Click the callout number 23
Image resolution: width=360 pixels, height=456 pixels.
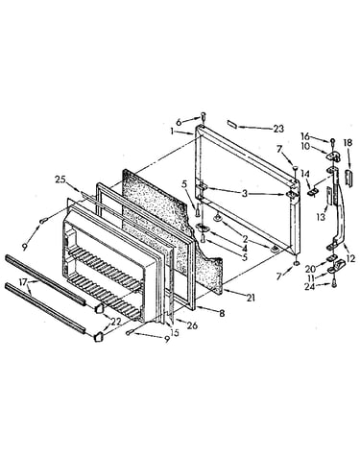[x=278, y=129]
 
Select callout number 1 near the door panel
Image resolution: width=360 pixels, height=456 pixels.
[x=172, y=131]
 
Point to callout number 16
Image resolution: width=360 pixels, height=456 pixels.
[x=305, y=136]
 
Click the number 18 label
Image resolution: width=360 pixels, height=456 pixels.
[x=348, y=142]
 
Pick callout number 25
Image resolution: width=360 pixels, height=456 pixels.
[x=60, y=180]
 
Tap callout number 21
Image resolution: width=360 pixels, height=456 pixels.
[x=251, y=298]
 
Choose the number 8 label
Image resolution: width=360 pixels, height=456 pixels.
[x=222, y=313]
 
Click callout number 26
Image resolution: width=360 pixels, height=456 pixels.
[x=193, y=325]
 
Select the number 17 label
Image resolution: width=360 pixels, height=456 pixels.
[x=23, y=283]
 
